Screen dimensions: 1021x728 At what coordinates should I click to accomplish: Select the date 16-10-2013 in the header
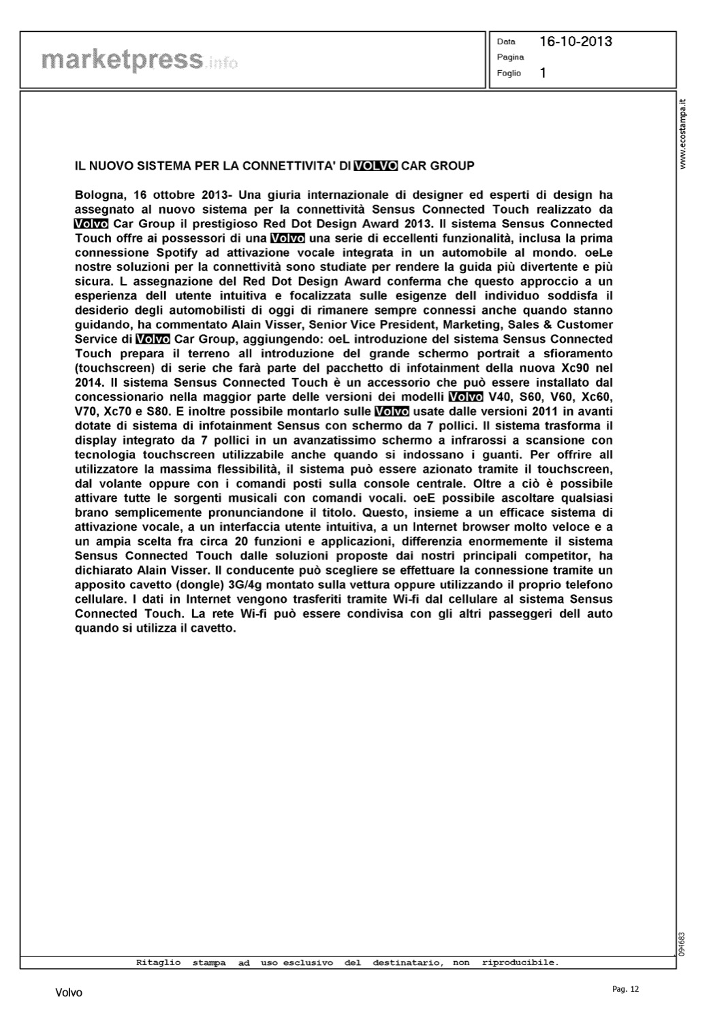click(x=575, y=42)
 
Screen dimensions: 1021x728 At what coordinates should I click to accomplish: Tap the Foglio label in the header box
click(x=509, y=73)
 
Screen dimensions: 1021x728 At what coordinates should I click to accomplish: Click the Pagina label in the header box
click(x=510, y=57)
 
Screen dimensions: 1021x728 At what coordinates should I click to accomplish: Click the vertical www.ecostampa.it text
click(x=684, y=135)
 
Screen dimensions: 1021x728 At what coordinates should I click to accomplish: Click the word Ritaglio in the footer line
click(x=158, y=962)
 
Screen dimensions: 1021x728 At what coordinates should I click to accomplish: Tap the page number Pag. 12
click(x=626, y=989)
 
